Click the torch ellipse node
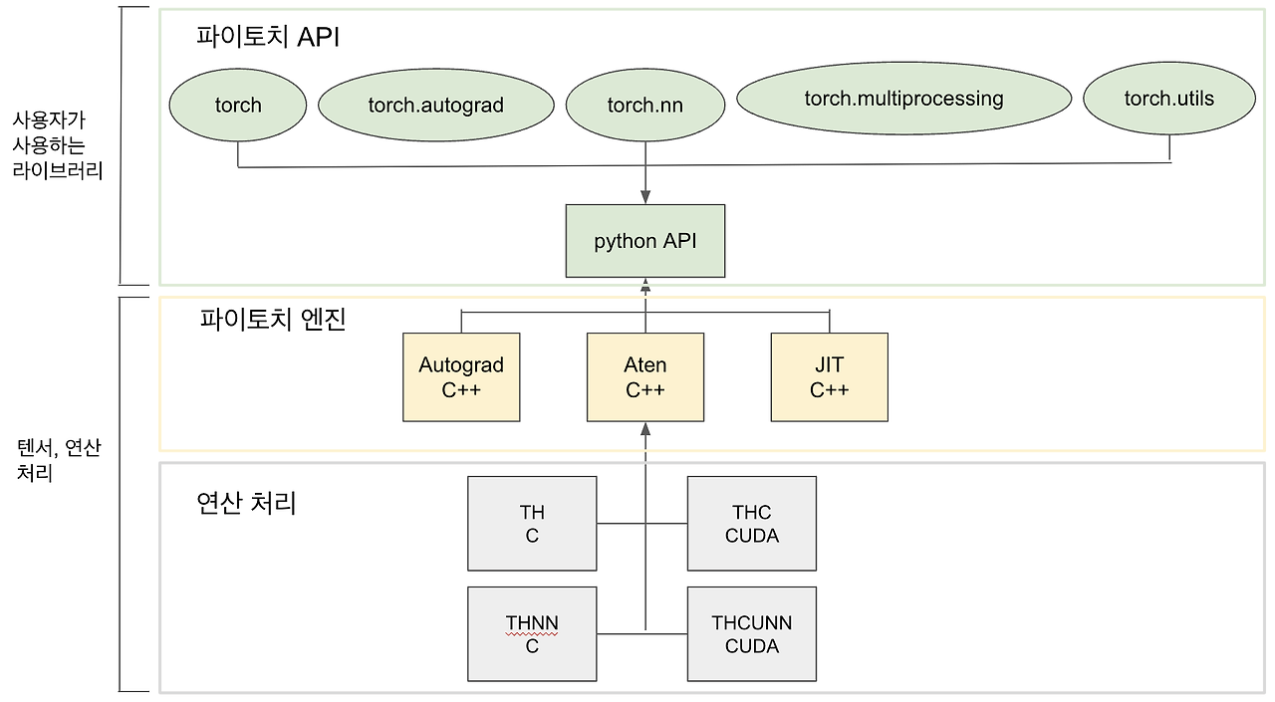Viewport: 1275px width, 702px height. [x=238, y=105]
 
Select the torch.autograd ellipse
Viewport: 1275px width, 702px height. [x=435, y=105]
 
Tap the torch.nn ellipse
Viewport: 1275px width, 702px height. [x=644, y=105]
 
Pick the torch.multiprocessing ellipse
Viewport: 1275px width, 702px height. [x=903, y=98]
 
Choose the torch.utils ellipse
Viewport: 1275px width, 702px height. [x=1168, y=98]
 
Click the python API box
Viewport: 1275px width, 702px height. [x=644, y=241]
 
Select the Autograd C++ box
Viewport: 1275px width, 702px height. [x=461, y=377]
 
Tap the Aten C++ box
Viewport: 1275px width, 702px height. [x=644, y=377]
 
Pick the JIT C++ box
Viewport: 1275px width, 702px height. [x=829, y=377]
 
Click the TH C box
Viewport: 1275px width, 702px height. [x=532, y=524]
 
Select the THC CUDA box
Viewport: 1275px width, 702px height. [x=751, y=524]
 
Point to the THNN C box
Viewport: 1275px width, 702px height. [x=532, y=634]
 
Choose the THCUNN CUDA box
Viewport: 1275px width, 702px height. [x=751, y=634]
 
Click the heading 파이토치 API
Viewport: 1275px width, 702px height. [x=269, y=37]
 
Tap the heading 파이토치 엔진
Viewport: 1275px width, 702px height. [x=272, y=320]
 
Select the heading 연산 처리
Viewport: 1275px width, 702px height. [x=246, y=503]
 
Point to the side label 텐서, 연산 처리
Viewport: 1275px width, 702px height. [x=59, y=460]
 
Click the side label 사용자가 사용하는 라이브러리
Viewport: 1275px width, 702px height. [x=57, y=144]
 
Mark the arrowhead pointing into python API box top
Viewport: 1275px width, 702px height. [x=644, y=198]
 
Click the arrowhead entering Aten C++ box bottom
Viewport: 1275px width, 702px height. [x=644, y=429]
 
